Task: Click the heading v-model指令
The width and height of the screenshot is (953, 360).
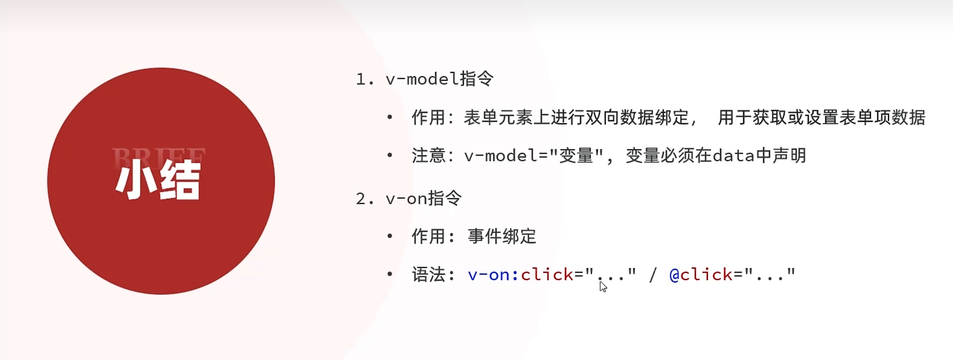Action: point(439,79)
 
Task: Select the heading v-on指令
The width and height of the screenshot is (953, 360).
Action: point(424,198)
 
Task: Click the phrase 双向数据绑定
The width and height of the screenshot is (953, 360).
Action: point(619,118)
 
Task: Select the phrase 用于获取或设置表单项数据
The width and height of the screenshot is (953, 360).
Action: point(821,118)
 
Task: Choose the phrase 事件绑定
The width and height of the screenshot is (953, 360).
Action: point(502,236)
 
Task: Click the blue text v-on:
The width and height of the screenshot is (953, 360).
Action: point(493,275)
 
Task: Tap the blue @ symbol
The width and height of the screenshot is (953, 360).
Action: point(674,275)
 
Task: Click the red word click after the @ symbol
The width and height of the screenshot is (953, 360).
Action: point(706,275)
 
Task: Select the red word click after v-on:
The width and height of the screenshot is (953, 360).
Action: point(547,275)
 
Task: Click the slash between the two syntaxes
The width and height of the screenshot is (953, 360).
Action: point(653,275)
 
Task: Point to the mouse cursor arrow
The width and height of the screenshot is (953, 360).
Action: point(602,286)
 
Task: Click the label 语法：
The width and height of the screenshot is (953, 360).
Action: point(433,275)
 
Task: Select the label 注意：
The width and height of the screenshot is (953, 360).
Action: point(433,156)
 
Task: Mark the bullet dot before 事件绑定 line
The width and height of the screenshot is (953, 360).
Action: point(390,236)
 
